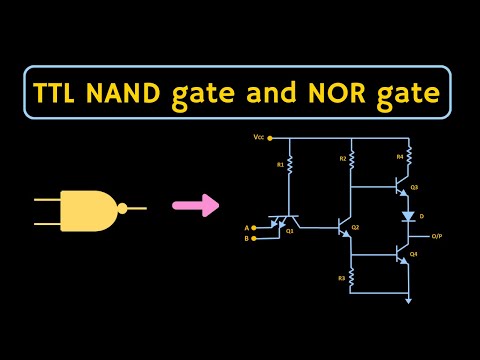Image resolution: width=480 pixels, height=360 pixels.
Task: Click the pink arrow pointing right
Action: pos(195,207)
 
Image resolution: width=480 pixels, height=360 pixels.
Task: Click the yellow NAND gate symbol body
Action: pos(88,209)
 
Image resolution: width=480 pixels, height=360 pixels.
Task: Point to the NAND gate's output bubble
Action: pos(122,209)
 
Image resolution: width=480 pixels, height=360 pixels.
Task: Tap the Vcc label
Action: pos(258,136)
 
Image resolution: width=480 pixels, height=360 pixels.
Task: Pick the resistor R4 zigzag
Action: pos(408,157)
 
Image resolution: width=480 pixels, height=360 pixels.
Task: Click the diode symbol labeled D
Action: pos(408,216)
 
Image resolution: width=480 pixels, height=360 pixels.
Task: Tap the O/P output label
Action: pos(437,236)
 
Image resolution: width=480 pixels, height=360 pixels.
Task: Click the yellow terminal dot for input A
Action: pos(255,228)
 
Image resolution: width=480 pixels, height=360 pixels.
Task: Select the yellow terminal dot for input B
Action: pos(255,239)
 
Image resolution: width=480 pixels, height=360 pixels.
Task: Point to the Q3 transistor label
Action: pos(414,187)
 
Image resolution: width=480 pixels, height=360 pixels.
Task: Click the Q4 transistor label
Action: pos(414,255)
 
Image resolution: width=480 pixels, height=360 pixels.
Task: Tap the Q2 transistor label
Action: pos(355,228)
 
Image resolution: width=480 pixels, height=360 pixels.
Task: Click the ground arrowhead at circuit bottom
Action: pos(408,299)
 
